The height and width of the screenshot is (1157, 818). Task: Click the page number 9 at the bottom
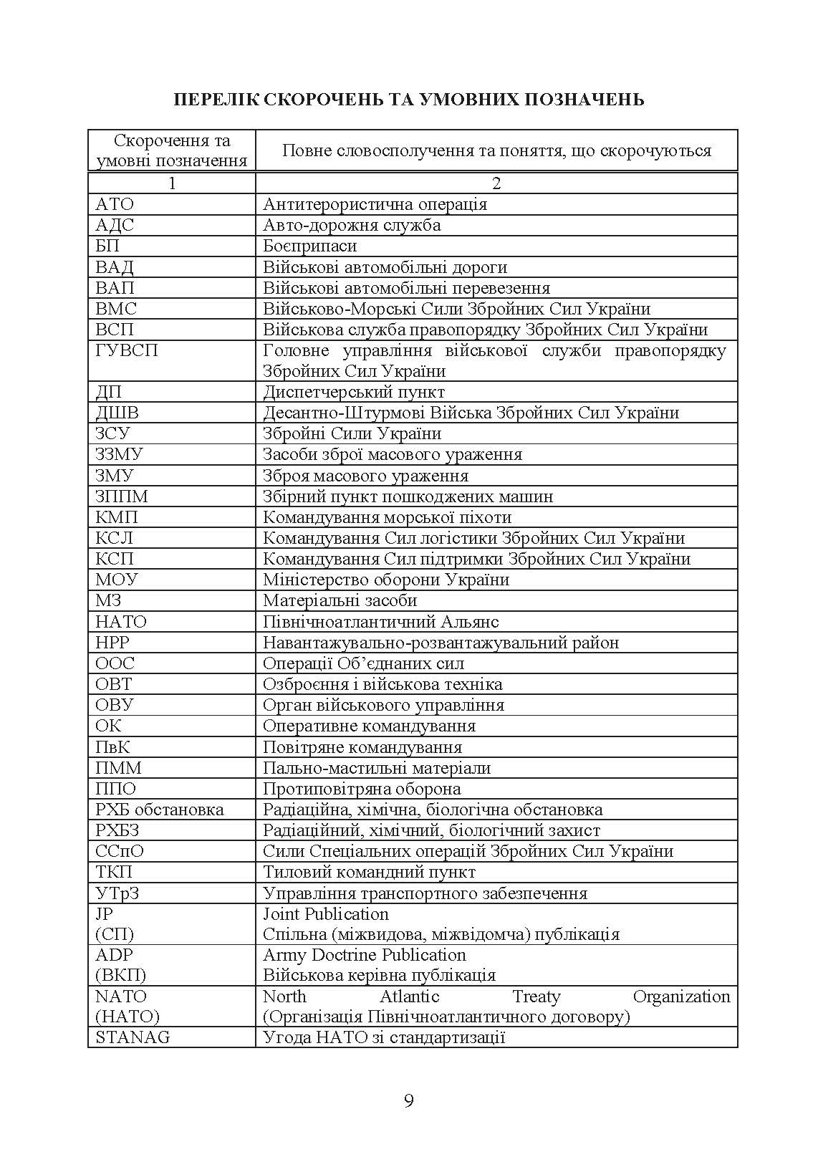tap(409, 1100)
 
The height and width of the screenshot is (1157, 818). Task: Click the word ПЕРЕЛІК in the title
tap(213, 99)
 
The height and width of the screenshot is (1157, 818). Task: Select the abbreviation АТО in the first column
tap(115, 204)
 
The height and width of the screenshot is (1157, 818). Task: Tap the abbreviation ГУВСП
tap(127, 350)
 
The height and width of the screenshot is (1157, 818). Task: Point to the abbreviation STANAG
tap(133, 1037)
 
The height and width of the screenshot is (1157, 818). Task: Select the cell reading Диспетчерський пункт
tap(354, 392)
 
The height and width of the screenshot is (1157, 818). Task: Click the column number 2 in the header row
tap(496, 183)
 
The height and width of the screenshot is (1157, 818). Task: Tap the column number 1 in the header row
tap(172, 183)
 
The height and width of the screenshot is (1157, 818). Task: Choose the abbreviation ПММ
tap(119, 768)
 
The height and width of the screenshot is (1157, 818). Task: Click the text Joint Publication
tap(326, 914)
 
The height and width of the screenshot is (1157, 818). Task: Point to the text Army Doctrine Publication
tap(365, 955)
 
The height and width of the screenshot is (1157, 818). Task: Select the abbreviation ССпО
tap(120, 851)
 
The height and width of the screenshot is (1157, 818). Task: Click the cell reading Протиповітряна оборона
tap(362, 789)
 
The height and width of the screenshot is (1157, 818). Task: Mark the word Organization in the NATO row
tap(681, 997)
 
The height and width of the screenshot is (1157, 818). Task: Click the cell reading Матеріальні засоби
tap(340, 600)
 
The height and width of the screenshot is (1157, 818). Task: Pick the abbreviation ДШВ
tap(117, 413)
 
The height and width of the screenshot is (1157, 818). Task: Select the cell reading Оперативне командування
tap(369, 726)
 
